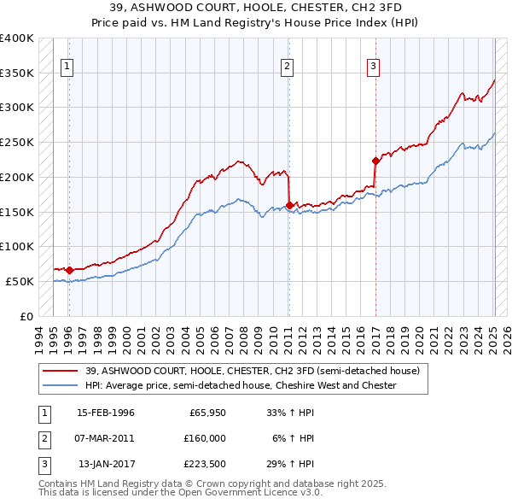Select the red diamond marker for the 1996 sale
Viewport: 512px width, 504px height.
click(69, 270)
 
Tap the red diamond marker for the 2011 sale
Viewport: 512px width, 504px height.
click(289, 205)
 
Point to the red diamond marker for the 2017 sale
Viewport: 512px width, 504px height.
click(375, 161)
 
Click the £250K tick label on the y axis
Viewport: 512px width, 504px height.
click(17, 142)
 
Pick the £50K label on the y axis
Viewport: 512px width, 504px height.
click(20, 281)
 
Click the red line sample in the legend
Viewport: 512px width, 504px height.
click(61, 372)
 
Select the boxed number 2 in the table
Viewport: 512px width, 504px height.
click(44, 438)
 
